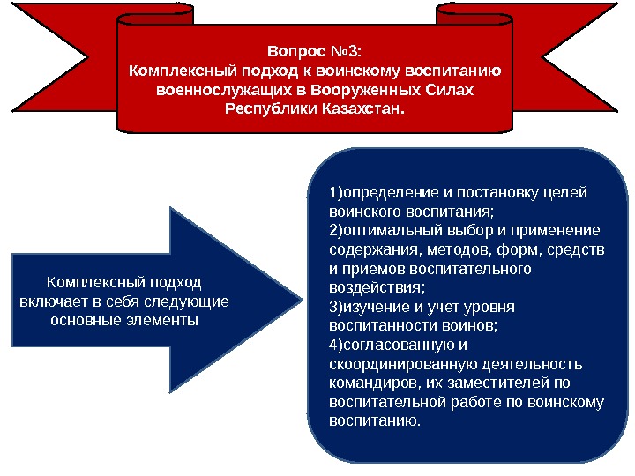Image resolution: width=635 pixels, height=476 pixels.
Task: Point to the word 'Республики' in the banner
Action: (264, 111)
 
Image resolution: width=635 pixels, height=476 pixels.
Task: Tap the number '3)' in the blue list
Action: (334, 308)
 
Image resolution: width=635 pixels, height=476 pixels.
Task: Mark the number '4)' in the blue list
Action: (334, 345)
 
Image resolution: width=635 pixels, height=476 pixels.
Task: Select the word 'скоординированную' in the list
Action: (395, 364)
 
